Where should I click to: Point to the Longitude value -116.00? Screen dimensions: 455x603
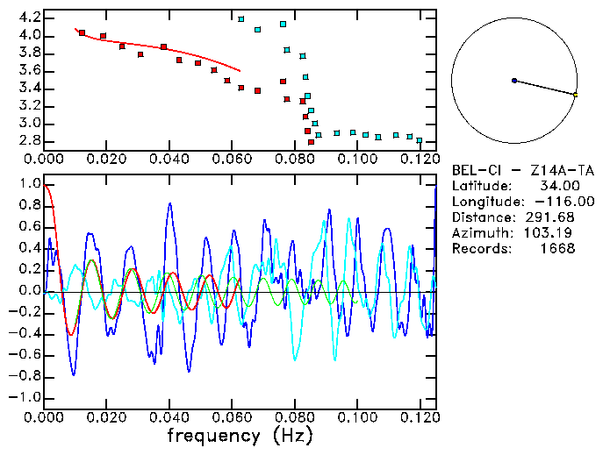point(556,202)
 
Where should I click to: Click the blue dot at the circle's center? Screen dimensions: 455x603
point(514,81)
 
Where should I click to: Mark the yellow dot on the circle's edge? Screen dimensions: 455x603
point(575,95)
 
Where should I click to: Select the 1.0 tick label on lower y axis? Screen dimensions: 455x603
point(29,185)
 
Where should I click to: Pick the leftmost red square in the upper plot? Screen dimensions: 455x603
point(82,33)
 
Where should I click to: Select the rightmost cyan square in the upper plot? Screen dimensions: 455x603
point(420,140)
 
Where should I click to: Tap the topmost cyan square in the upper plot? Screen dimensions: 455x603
point(241,18)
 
